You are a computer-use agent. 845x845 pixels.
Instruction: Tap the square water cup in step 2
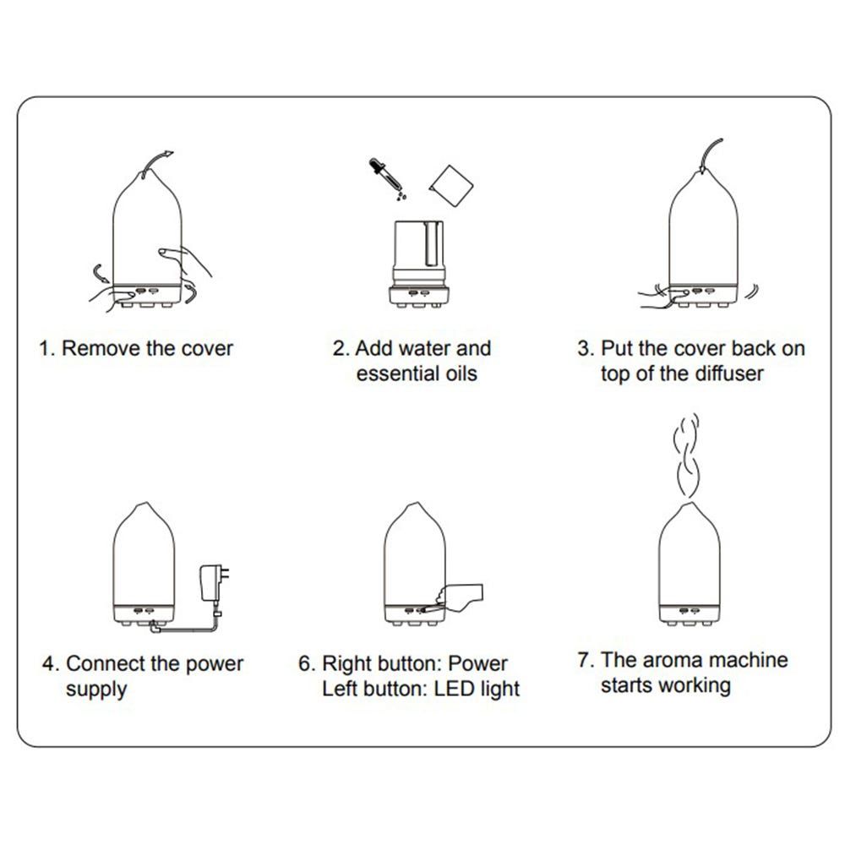pyautogui.click(x=451, y=185)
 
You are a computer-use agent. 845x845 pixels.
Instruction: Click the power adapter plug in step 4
pyautogui.click(x=215, y=583)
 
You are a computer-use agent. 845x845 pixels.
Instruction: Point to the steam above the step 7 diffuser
pyautogui.click(x=686, y=455)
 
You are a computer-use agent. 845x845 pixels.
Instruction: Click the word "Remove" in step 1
pyautogui.click(x=101, y=348)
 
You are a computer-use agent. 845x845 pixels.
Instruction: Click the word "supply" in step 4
pyautogui.click(x=96, y=690)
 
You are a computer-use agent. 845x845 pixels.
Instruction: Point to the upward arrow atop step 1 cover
pyautogui.click(x=157, y=161)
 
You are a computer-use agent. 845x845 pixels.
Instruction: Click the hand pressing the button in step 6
pyautogui.click(x=458, y=598)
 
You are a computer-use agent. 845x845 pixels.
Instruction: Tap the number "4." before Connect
pyautogui.click(x=51, y=663)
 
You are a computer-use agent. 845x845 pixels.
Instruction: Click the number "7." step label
pyautogui.click(x=586, y=660)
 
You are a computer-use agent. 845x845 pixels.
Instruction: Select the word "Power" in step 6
pyautogui.click(x=477, y=663)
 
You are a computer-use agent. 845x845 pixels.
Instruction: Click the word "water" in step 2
pyautogui.click(x=423, y=348)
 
